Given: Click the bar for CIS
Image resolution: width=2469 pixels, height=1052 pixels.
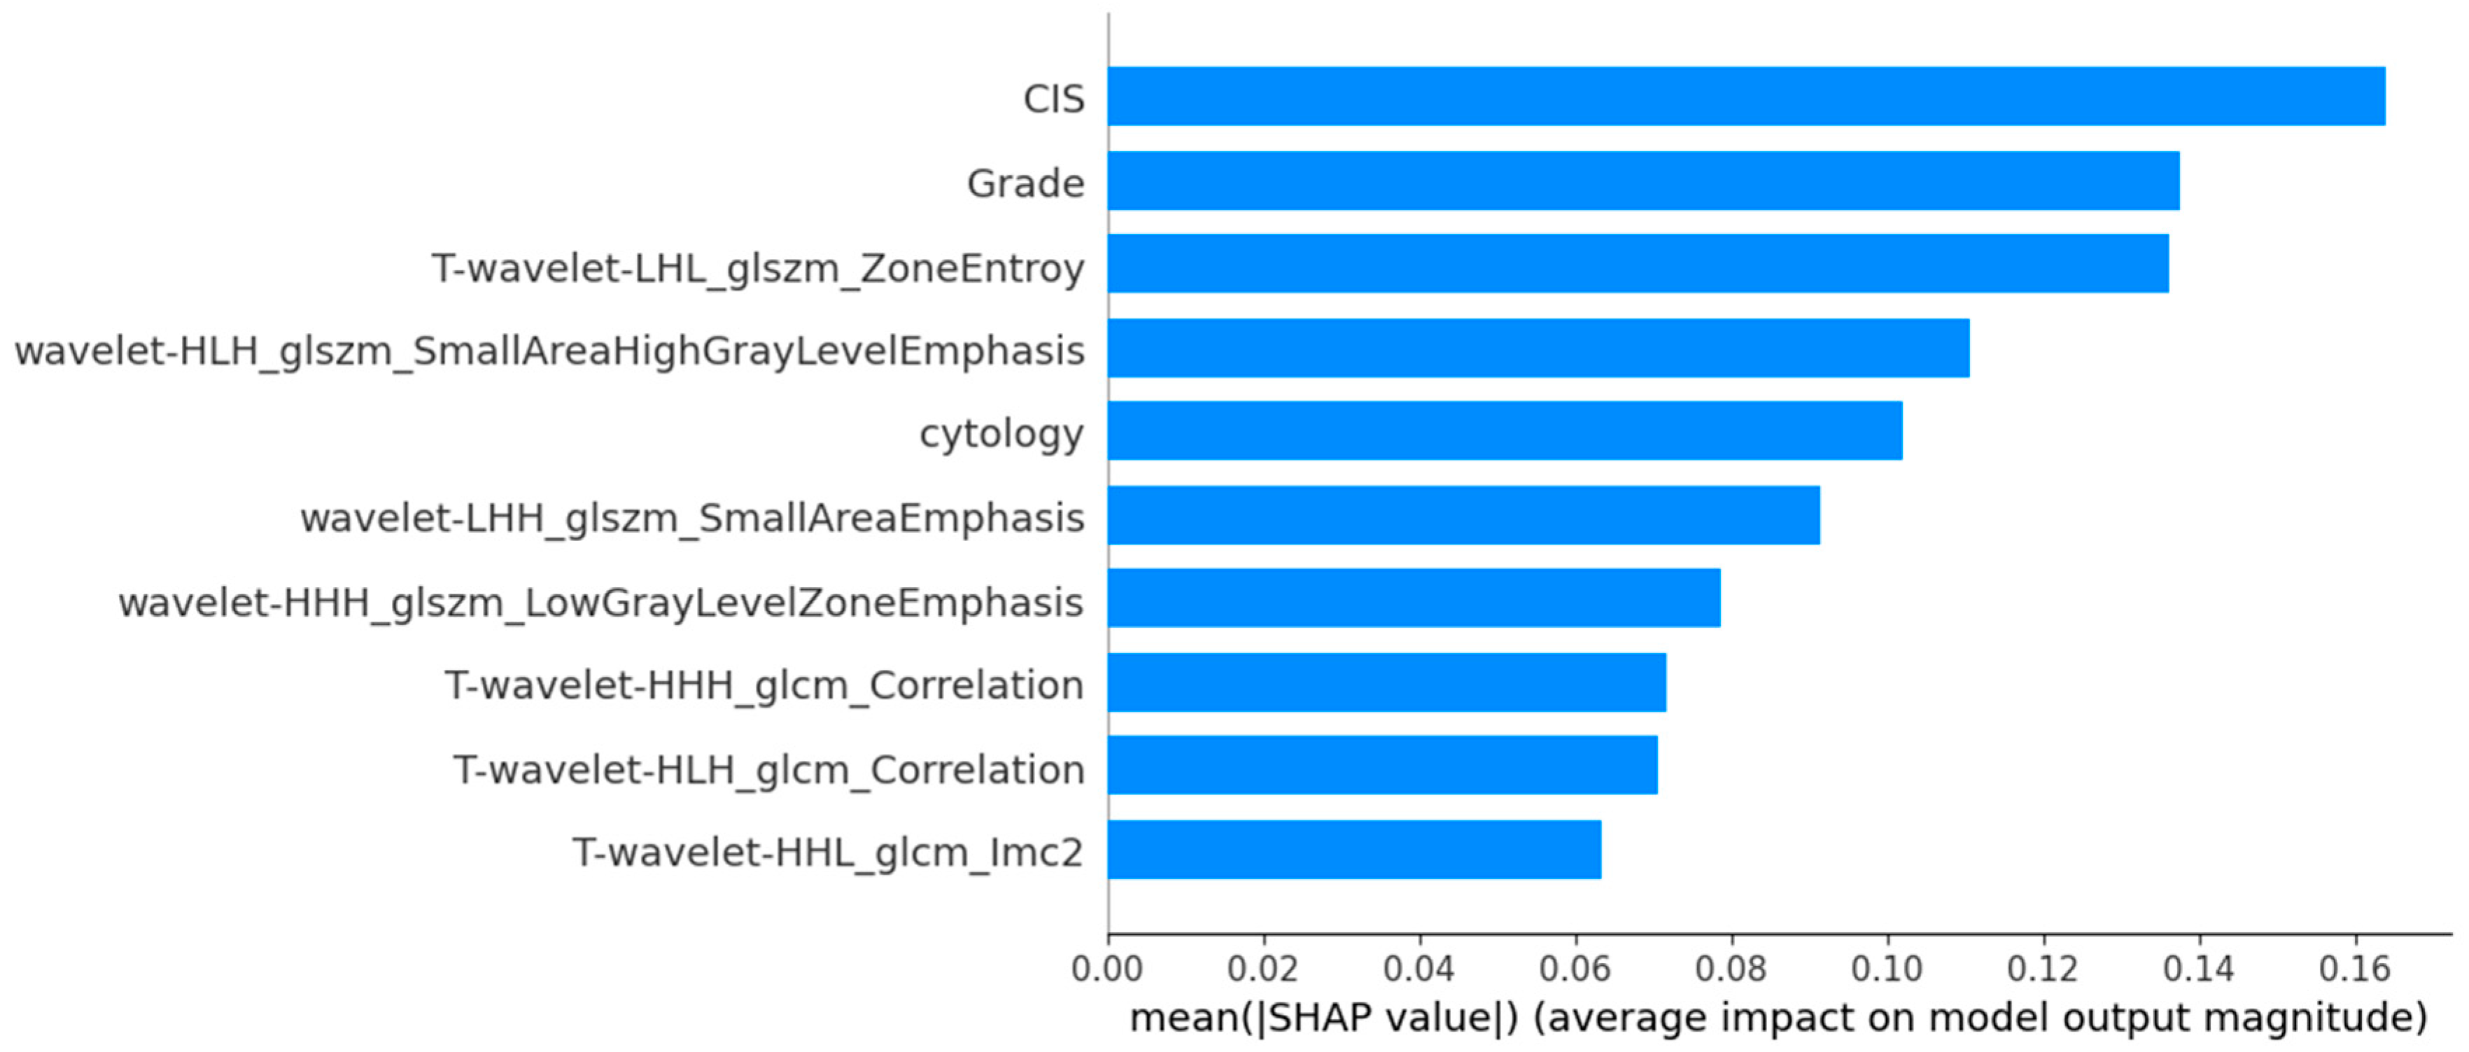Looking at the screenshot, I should [x=1745, y=96].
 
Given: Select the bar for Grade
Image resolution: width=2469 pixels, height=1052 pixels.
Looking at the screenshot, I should [x=1643, y=181].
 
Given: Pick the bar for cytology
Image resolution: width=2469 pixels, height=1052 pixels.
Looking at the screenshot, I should [x=1504, y=430].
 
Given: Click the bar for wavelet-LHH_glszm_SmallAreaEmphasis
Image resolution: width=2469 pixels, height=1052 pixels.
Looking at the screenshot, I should [x=1463, y=515].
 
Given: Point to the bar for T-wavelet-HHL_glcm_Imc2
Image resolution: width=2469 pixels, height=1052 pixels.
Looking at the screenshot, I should [x=1353, y=850].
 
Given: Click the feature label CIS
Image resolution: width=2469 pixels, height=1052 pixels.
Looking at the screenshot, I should [x=1053, y=99].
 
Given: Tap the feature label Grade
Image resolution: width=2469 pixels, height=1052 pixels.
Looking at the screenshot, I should [x=1025, y=183].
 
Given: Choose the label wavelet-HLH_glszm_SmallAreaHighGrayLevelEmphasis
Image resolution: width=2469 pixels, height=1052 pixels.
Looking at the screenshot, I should [x=549, y=351].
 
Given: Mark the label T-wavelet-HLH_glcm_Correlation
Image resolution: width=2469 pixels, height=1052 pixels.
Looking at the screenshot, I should [x=768, y=769].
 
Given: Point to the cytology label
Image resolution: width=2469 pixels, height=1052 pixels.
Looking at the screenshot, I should [x=1001, y=435].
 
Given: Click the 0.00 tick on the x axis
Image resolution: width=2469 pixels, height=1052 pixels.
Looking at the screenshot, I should [x=1107, y=969].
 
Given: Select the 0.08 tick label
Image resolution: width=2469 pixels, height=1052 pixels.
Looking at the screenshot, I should [x=1731, y=969].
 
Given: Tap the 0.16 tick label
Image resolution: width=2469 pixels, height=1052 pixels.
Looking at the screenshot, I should [x=2354, y=969].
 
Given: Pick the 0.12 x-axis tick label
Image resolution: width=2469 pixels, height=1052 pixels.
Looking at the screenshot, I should [x=2043, y=969].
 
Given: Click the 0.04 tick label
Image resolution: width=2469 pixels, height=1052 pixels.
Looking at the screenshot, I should [x=1419, y=969].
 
